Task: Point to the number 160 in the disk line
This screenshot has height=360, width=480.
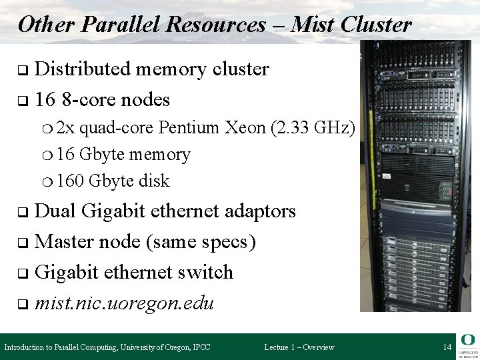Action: click(70, 181)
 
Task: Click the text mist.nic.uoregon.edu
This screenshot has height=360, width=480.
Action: click(123, 303)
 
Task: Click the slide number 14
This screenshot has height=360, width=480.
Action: click(447, 347)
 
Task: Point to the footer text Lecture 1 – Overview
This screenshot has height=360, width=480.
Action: click(299, 347)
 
